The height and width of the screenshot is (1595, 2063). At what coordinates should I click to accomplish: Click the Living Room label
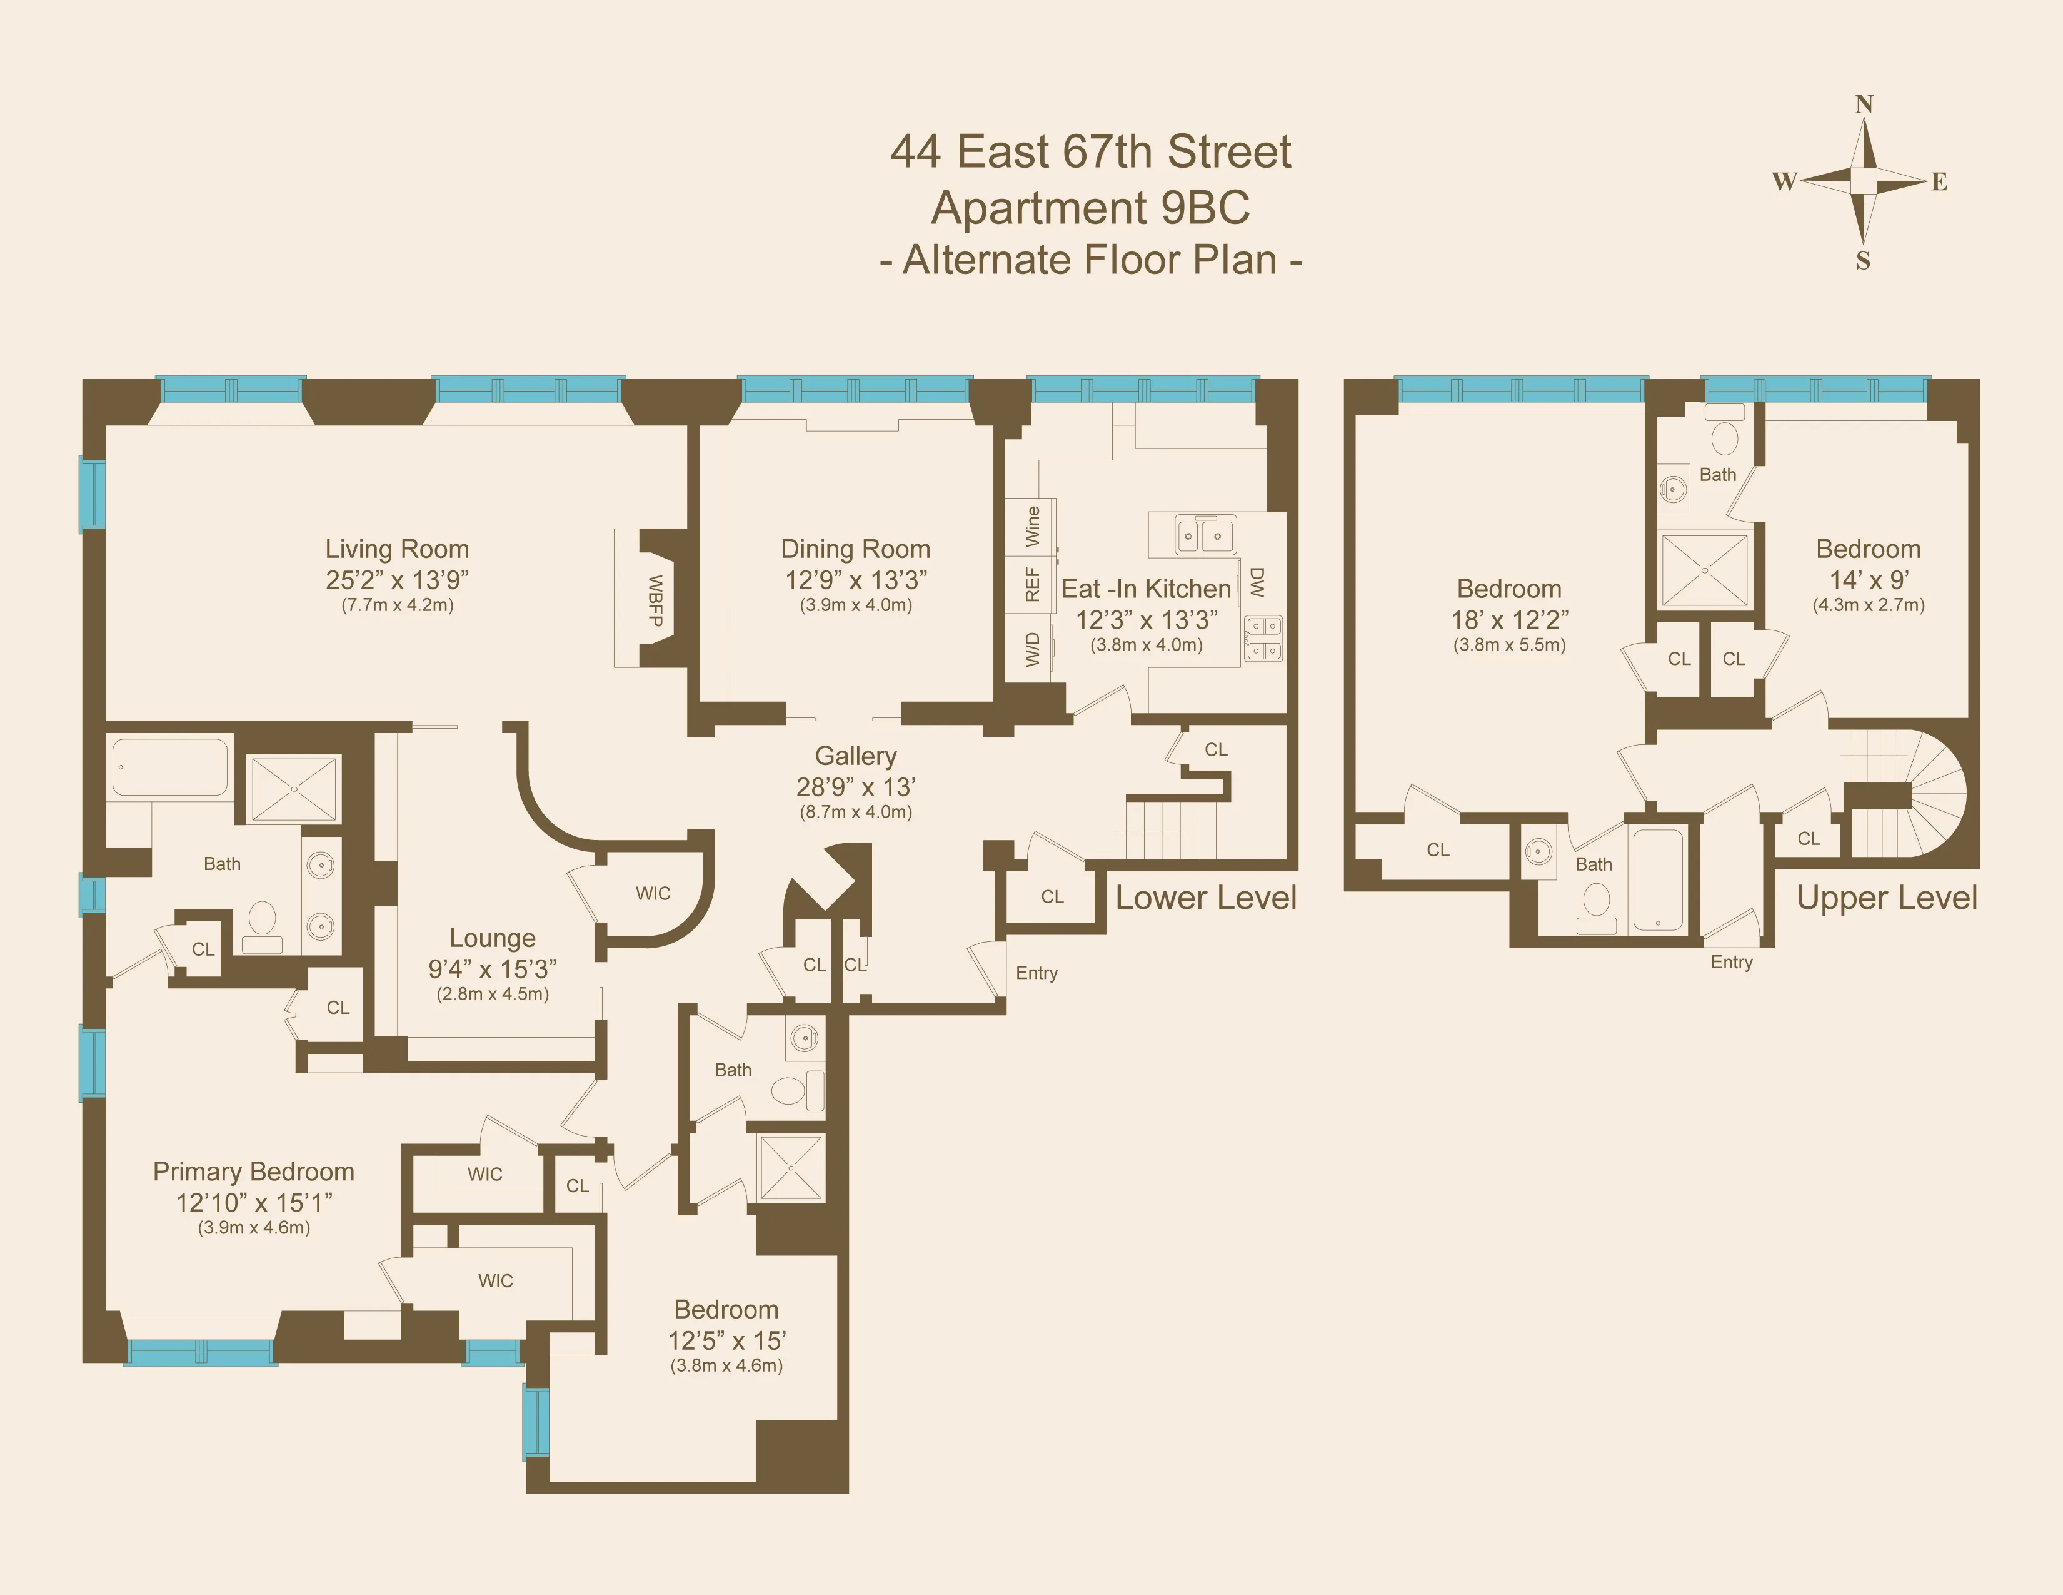[x=397, y=549]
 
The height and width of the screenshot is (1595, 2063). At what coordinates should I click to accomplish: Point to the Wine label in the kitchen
[x=1033, y=525]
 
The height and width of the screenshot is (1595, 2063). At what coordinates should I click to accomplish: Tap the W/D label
[x=1033, y=649]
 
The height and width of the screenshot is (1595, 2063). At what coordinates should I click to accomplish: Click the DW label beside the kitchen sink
[x=1257, y=582]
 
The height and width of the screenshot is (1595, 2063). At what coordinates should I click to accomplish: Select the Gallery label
[x=856, y=756]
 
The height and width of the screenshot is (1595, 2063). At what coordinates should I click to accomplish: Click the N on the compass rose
[x=1864, y=104]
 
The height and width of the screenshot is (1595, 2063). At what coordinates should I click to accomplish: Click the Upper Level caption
[x=1886, y=898]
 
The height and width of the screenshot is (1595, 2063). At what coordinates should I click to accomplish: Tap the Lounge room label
[x=492, y=938]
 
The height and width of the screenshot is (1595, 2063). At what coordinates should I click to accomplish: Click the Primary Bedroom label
[x=253, y=1172]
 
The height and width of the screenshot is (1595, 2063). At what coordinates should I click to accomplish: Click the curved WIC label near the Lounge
[x=653, y=893]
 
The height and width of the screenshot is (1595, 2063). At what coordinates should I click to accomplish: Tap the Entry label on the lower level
[x=1037, y=972]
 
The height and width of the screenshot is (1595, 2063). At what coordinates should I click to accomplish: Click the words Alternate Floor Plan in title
[x=1090, y=260]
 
